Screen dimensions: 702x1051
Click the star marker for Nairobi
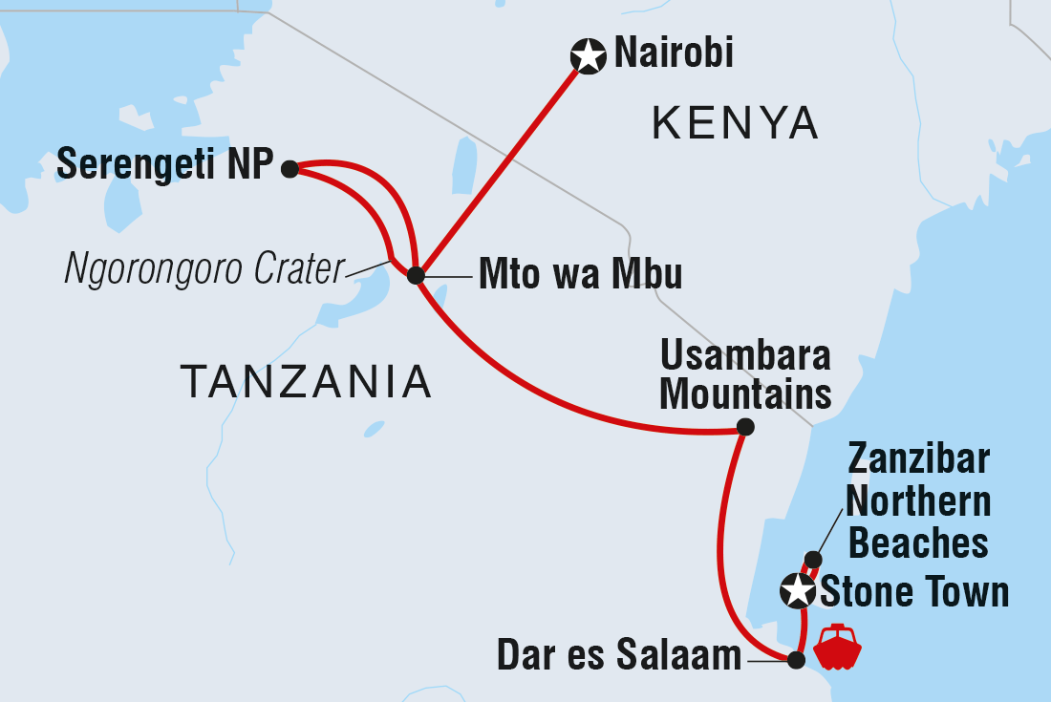(588, 57)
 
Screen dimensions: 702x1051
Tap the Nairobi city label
(674, 53)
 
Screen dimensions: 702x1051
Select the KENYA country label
(736, 123)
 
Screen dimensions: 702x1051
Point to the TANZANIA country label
(307, 382)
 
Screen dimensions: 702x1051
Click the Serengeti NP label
(165, 165)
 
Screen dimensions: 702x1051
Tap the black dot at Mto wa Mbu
(416, 276)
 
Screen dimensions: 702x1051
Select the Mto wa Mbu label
(580, 275)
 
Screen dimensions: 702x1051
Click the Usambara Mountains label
(746, 373)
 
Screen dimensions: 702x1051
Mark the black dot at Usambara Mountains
(746, 427)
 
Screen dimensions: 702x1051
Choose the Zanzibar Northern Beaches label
(918, 501)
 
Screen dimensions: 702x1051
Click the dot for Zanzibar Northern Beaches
(812, 559)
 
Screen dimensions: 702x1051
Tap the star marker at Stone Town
(797, 591)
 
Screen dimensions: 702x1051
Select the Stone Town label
(914, 592)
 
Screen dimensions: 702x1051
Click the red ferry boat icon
(837, 647)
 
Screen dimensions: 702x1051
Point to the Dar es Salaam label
(619, 656)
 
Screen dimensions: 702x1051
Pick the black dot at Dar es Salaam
(796, 658)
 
